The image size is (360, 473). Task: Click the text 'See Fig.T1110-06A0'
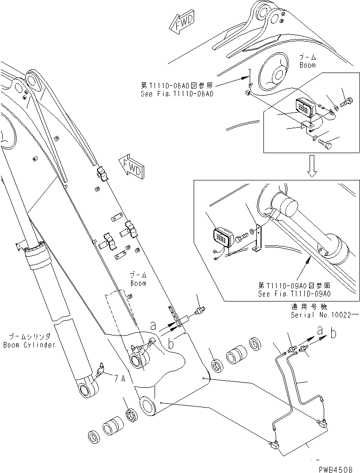tap(177, 94)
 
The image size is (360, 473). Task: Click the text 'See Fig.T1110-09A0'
tap(294, 294)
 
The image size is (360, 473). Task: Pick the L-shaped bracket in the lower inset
tap(257, 239)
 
